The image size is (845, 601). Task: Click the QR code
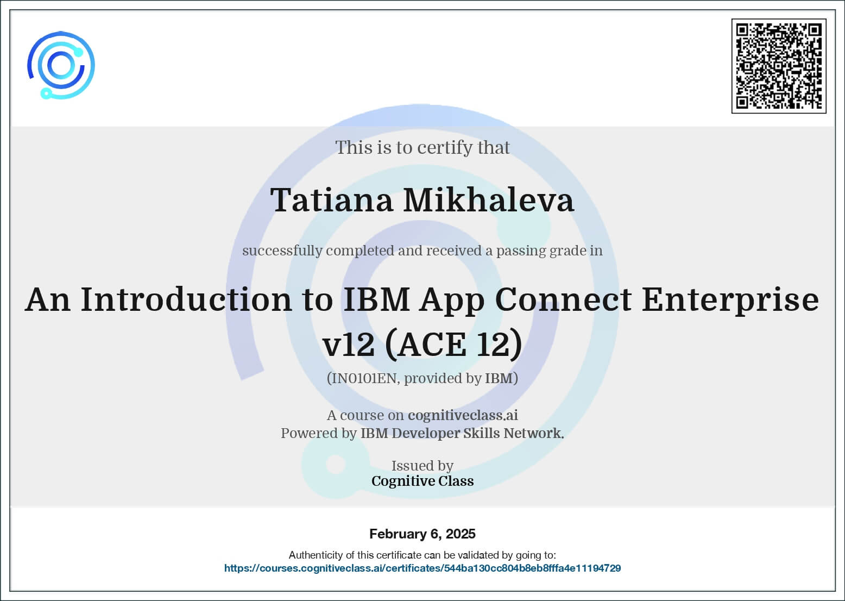[x=779, y=66]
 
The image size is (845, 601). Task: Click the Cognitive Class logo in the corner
[x=61, y=65]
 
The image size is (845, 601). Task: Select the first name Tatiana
[x=332, y=200]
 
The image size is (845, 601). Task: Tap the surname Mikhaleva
[x=489, y=200]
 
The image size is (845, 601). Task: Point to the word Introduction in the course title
[x=186, y=300]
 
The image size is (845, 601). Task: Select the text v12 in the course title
[x=349, y=345]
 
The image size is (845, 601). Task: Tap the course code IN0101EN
[x=363, y=378]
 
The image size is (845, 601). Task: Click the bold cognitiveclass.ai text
[x=463, y=415]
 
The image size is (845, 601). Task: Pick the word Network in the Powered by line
[x=534, y=434]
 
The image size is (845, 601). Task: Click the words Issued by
[x=422, y=466]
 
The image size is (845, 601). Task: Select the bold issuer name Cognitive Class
[x=422, y=481]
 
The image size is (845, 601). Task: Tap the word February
[x=398, y=534]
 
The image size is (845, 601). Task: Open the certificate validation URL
[x=422, y=568]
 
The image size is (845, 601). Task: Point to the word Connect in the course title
[x=563, y=300]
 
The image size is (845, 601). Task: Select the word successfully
[x=282, y=251]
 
